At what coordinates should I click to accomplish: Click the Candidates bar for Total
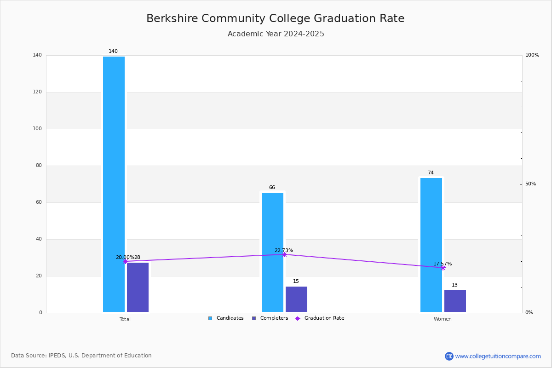[x=114, y=184]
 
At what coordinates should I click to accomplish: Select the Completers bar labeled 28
[x=138, y=287]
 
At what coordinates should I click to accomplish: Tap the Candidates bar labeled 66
[x=272, y=252]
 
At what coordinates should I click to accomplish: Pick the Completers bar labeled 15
[x=296, y=299]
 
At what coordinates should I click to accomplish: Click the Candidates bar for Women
[x=431, y=245]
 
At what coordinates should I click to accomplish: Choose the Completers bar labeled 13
[x=455, y=301]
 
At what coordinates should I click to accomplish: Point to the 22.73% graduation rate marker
[x=284, y=254]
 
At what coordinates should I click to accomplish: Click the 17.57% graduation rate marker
[x=443, y=268]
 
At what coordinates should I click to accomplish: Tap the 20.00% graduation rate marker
[x=126, y=261]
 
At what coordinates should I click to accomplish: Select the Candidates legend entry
[x=226, y=318]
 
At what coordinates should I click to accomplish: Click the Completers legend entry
[x=270, y=318]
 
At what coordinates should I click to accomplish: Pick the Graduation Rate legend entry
[x=320, y=318]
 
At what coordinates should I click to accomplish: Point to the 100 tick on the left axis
[x=37, y=129]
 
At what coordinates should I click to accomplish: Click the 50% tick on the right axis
[x=530, y=184]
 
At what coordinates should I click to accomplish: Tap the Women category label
[x=443, y=319]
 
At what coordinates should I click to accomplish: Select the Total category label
[x=125, y=319]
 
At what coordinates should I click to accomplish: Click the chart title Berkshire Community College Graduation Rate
[x=276, y=18]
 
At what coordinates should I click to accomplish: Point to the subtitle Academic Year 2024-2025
[x=276, y=34]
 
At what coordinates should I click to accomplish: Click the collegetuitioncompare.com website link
[x=498, y=356]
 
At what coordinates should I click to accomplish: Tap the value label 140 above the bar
[x=113, y=51]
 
